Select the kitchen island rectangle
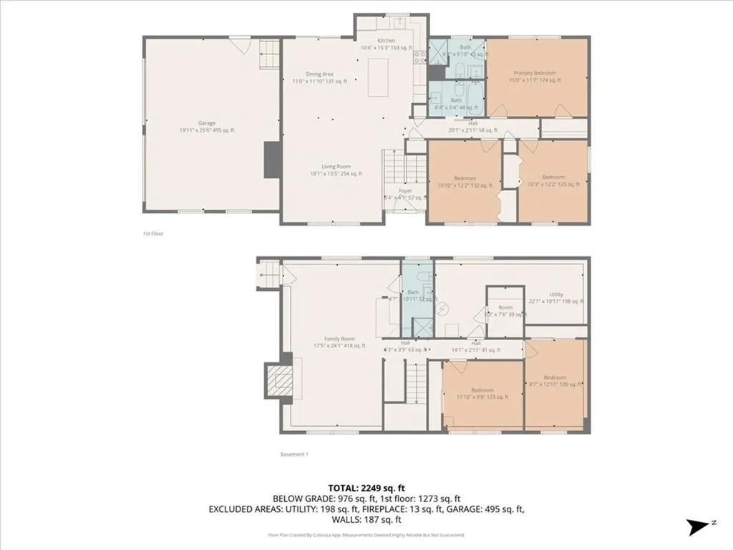[x=379, y=77]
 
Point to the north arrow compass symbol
[x=698, y=527]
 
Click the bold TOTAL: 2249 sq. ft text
[x=366, y=487]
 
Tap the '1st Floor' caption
[x=152, y=233]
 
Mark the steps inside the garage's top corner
[x=268, y=52]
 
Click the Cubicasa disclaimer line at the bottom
[x=366, y=535]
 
